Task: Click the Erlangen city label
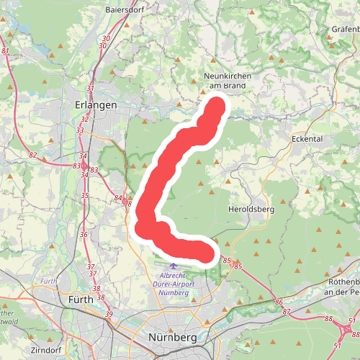[96, 104]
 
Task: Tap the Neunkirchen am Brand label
[225, 80]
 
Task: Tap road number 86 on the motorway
[279, 303]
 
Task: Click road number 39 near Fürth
[109, 315]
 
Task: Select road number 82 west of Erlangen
[33, 155]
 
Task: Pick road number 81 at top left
[6, 51]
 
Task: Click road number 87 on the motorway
[287, 312]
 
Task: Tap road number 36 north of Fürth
[84, 234]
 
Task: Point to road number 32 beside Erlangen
[85, 120]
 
